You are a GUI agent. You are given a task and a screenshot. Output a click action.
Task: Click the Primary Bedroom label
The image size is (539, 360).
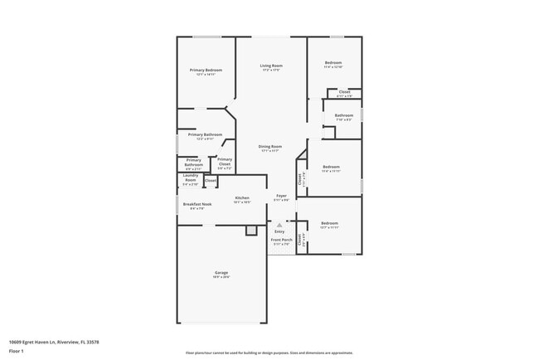click(205, 70)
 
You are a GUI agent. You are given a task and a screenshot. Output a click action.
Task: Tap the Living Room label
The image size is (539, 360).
click(271, 66)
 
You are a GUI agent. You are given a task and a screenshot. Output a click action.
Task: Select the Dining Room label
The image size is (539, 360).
click(270, 146)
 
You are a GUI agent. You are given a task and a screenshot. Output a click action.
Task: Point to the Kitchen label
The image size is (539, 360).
click(241, 197)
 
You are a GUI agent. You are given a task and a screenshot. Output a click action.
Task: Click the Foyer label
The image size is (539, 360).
click(281, 196)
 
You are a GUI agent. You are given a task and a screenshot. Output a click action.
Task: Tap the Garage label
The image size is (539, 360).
click(221, 273)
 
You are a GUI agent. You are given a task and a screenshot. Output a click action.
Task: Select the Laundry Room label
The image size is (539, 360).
click(190, 178)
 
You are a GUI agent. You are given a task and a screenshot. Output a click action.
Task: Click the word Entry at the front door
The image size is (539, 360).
click(279, 231)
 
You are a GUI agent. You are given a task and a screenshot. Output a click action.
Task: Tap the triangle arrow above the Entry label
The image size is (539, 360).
click(279, 225)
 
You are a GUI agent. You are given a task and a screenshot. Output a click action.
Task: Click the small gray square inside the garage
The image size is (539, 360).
click(250, 232)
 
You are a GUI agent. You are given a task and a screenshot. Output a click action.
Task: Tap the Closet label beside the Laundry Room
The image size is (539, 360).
click(211, 180)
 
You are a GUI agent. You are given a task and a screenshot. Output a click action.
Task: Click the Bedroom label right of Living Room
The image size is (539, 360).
click(333, 63)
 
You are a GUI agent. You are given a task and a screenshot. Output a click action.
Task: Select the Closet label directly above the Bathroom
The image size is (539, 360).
click(343, 92)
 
